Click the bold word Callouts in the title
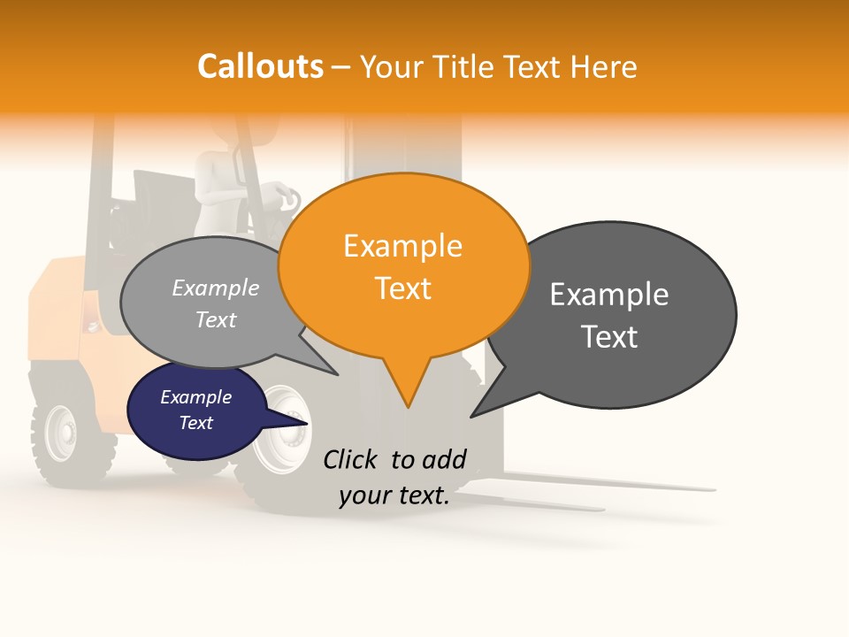(260, 66)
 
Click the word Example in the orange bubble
(403, 246)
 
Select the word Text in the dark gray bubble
(609, 337)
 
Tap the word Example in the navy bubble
(196, 397)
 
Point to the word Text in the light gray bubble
(216, 320)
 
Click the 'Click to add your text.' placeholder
(394, 478)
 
